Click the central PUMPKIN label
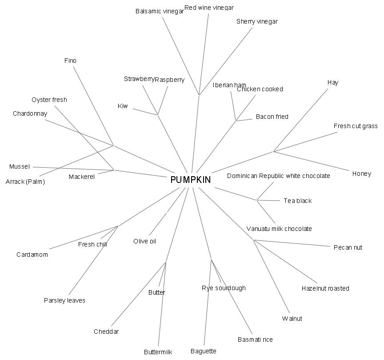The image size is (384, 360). click(x=191, y=180)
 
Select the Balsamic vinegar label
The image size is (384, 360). click(x=160, y=11)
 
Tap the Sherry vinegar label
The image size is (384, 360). click(x=257, y=21)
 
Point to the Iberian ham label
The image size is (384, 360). click(x=229, y=85)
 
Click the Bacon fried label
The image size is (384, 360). click(x=272, y=117)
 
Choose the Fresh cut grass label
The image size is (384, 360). click(x=356, y=126)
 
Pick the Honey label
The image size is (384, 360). click(x=361, y=174)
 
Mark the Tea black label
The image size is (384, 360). click(x=298, y=201)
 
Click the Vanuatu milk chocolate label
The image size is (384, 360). click(x=279, y=229)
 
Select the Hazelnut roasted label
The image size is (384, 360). click(x=325, y=288)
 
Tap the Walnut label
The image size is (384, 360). click(x=292, y=319)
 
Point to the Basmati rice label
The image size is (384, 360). click(x=255, y=340)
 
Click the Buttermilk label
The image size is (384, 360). click(x=158, y=352)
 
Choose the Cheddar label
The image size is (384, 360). click(x=106, y=332)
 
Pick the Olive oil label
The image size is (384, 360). click(x=144, y=241)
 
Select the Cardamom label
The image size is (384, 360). click(x=32, y=255)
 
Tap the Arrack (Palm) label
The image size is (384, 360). click(x=25, y=182)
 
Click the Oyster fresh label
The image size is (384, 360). click(x=49, y=100)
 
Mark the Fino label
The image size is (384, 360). click(x=70, y=61)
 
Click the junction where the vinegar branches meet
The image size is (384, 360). click(x=199, y=95)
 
